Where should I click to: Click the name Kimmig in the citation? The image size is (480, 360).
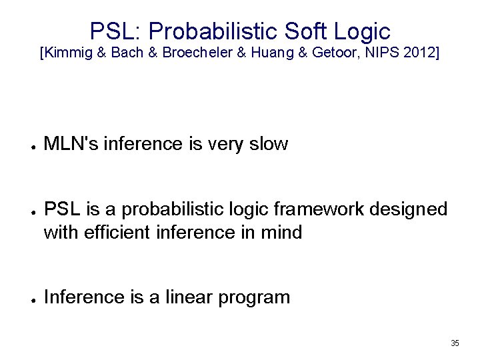(x=67, y=53)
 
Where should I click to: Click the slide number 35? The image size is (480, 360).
(x=455, y=343)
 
